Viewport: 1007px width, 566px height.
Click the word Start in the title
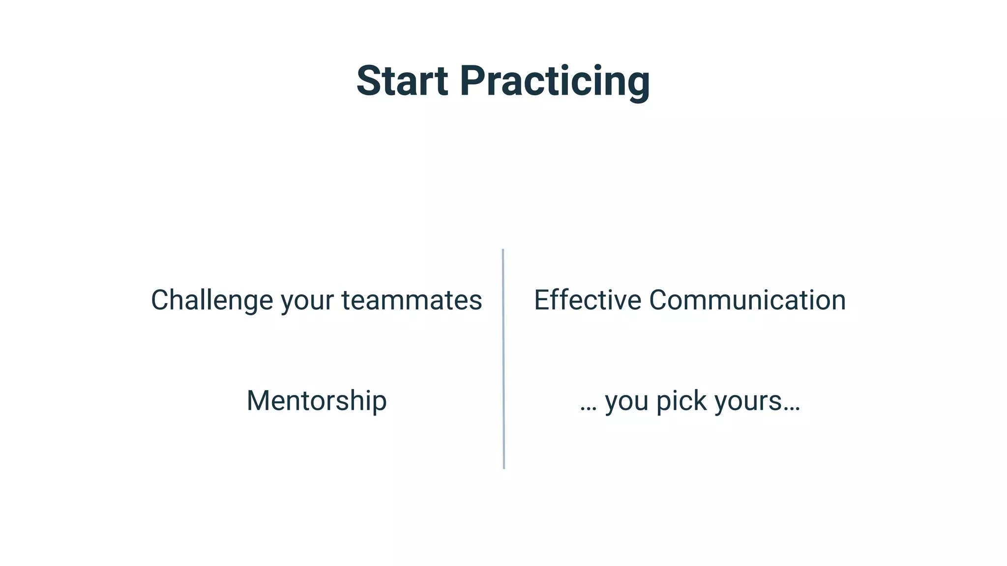click(402, 81)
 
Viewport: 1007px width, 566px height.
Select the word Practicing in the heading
click(555, 82)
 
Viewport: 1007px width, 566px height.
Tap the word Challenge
click(211, 300)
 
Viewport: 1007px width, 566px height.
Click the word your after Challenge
click(307, 301)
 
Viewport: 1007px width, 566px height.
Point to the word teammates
click(412, 300)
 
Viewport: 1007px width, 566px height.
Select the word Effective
click(588, 300)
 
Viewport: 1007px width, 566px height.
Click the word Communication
click(747, 300)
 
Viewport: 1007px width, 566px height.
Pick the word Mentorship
click(317, 401)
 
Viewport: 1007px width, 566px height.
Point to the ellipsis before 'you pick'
click(588, 409)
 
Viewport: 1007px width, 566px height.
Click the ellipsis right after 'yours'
click(792, 409)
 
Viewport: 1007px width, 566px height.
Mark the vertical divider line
click(503, 359)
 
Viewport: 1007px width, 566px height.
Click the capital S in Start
click(368, 81)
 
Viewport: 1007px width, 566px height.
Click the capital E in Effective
click(541, 300)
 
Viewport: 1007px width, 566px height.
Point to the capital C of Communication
click(659, 300)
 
